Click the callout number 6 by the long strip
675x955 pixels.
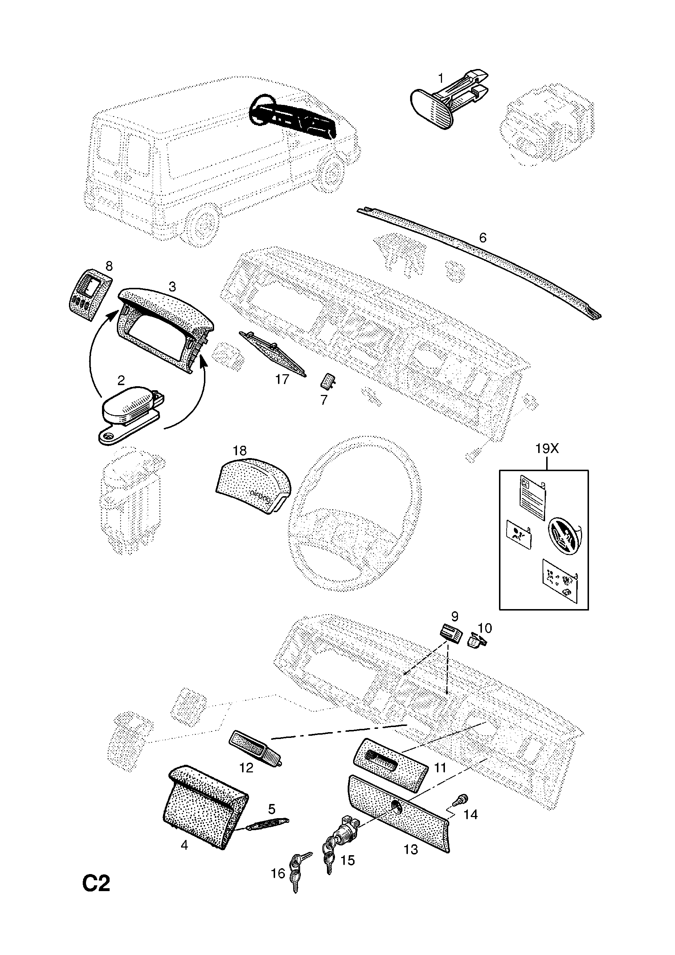pos(482,237)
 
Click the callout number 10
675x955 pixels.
pos(485,628)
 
